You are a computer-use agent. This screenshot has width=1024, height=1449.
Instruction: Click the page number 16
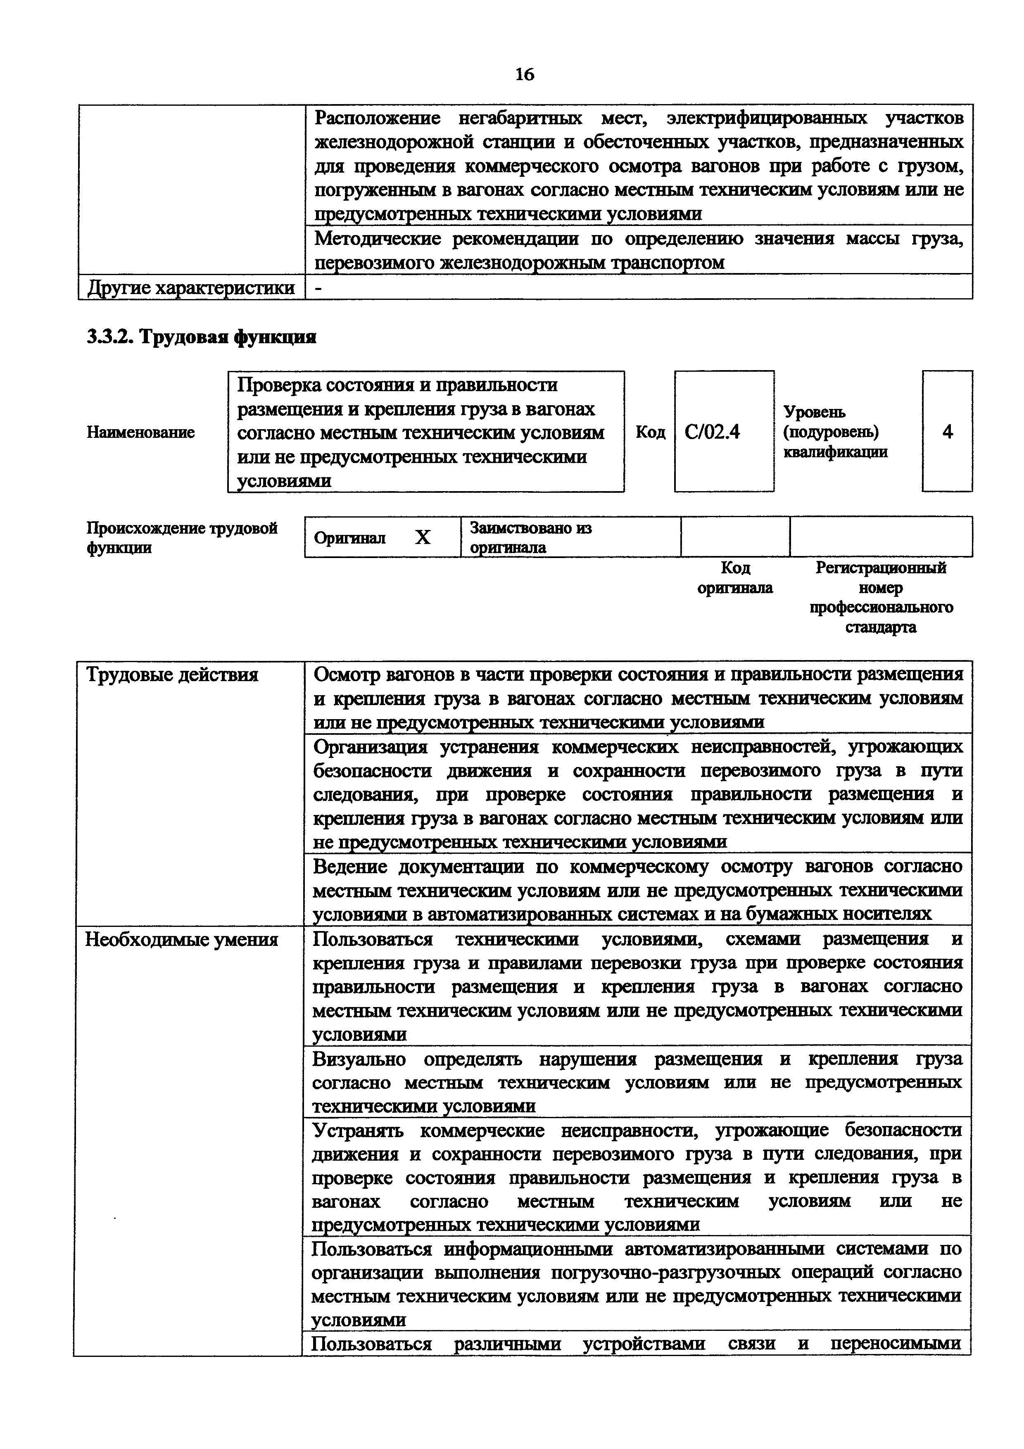(524, 74)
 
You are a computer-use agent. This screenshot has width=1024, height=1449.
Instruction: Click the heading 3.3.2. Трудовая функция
(201, 337)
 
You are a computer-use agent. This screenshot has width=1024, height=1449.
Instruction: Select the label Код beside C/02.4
(650, 432)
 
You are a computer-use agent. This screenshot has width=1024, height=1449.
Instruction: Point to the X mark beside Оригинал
(422, 537)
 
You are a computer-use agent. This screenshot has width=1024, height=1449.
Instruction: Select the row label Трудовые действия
(171, 675)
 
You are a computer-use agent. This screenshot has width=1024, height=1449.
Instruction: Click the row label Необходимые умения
(182, 940)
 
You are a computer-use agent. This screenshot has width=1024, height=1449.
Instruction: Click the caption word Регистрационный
(881, 568)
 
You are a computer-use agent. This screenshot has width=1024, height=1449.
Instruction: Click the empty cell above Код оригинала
(735, 537)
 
